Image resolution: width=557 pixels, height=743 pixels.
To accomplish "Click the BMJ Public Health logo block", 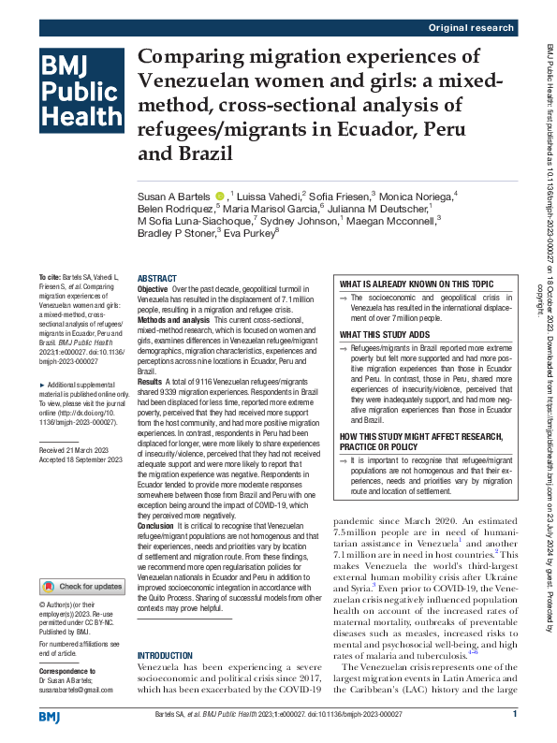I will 80,91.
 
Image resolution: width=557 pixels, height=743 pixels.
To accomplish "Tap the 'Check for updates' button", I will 81,561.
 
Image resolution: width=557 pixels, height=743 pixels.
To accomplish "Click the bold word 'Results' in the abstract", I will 150,409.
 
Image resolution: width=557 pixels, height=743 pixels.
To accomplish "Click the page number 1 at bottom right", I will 515,714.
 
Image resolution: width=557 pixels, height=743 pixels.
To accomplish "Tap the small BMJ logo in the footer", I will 49,715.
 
